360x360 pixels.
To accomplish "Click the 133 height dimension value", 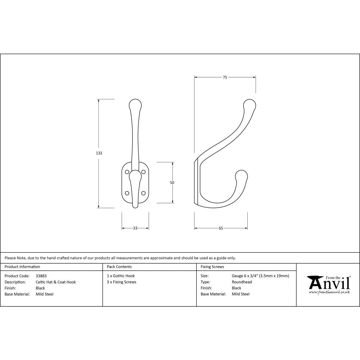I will [x=99, y=153].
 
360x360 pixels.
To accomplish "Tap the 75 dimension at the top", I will [x=225, y=77].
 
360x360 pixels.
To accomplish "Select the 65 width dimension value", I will [x=221, y=228].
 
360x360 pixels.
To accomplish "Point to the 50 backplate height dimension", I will [x=172, y=183].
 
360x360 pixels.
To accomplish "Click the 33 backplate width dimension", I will [x=135, y=228].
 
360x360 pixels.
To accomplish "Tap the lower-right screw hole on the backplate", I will [x=143, y=193].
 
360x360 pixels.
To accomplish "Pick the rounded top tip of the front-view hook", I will [x=135, y=104].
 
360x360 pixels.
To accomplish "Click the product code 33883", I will [x=41, y=276].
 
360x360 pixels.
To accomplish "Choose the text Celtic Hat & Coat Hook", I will [x=56, y=282].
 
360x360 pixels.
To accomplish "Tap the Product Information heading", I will [x=22, y=267].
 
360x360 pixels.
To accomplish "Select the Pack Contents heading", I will [x=119, y=267].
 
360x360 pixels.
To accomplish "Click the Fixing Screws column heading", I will [x=212, y=267].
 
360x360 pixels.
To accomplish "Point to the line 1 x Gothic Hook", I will [x=121, y=276].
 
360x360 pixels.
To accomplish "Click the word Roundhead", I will [x=242, y=282].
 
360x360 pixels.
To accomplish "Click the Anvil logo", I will [x=328, y=283].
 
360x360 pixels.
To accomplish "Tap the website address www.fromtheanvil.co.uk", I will [x=329, y=292].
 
